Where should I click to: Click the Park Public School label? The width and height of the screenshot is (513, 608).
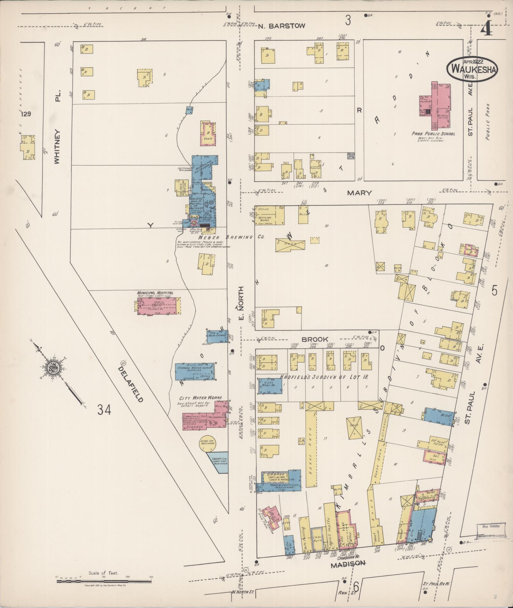click(433, 134)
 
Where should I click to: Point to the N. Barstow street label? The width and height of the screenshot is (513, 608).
click(281, 26)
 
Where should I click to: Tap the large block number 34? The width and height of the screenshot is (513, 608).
click(104, 410)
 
